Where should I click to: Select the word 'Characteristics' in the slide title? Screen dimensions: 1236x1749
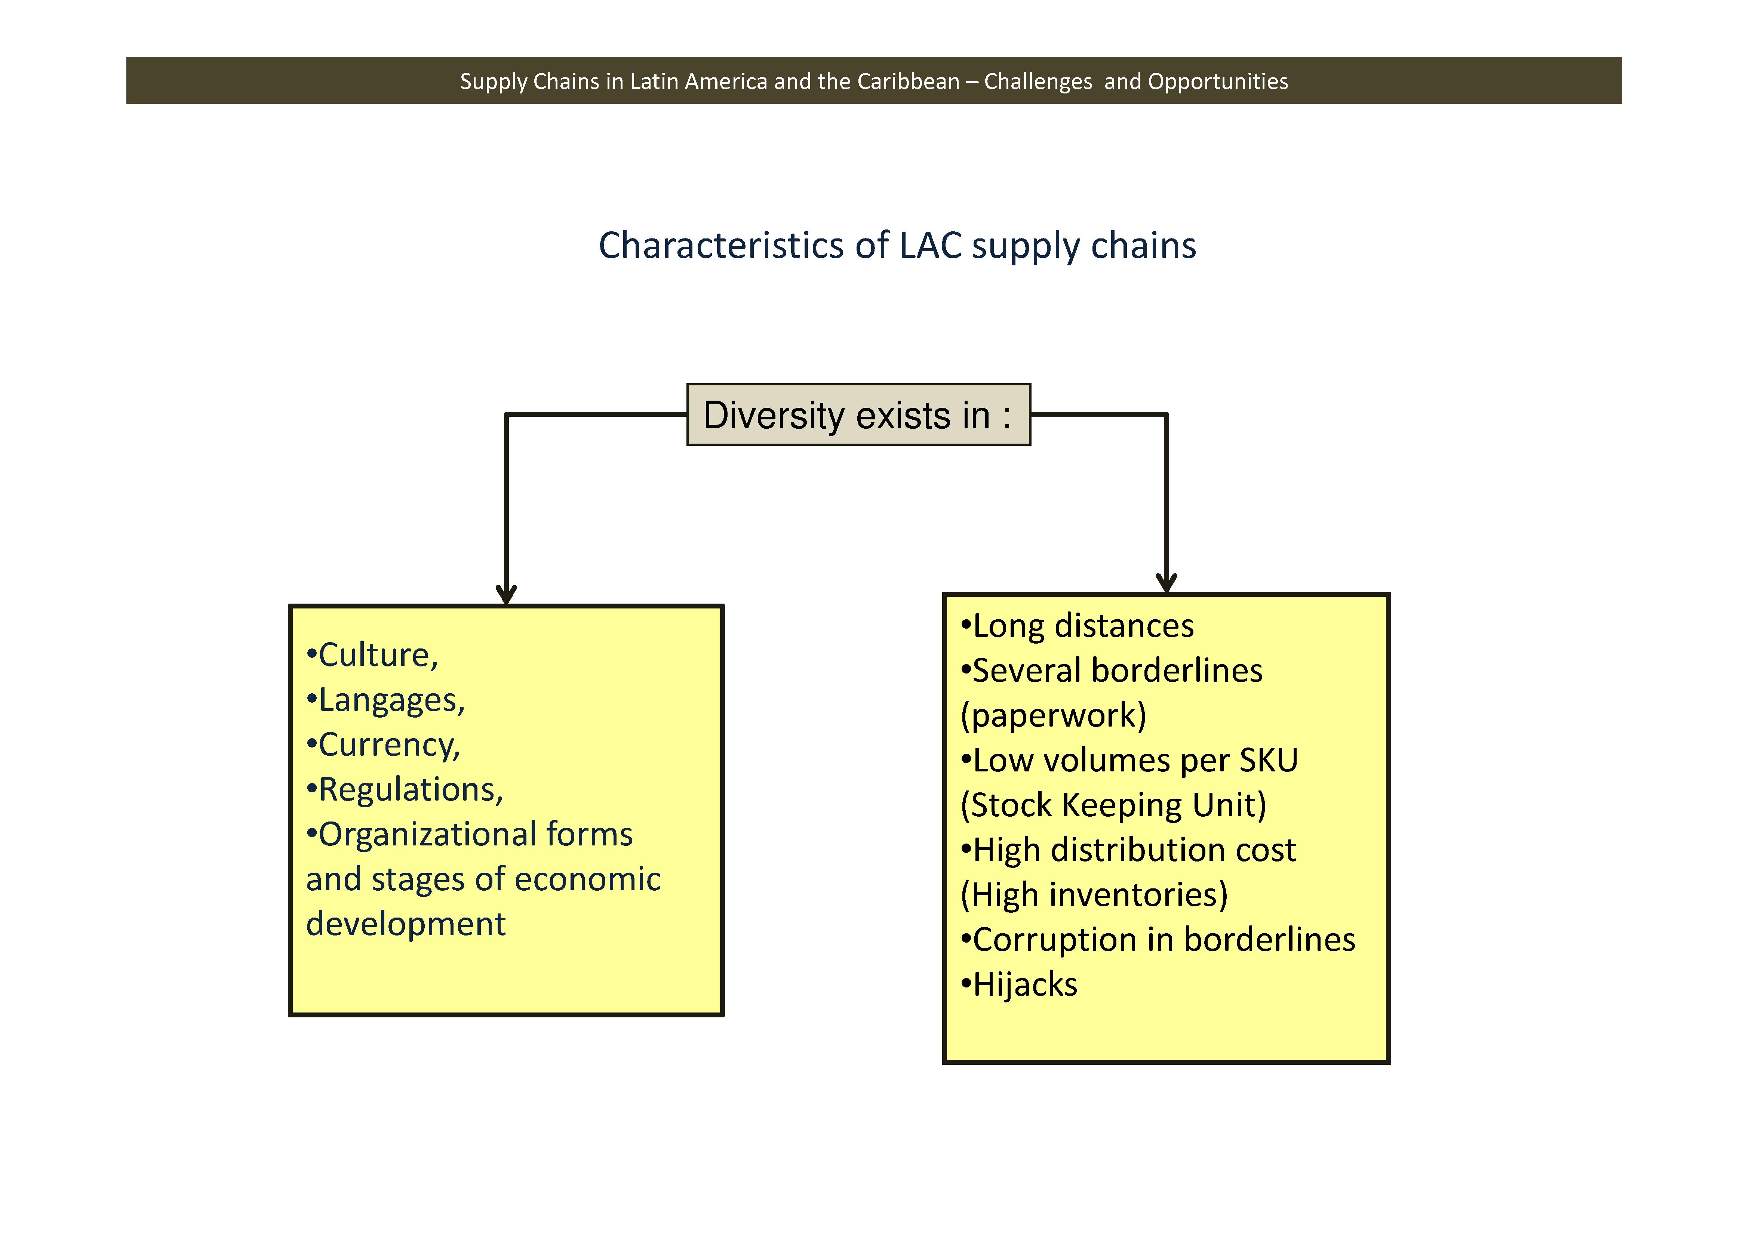coord(720,246)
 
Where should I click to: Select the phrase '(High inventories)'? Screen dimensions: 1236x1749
coord(1094,895)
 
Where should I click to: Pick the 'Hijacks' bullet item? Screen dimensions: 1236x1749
coord(1024,985)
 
